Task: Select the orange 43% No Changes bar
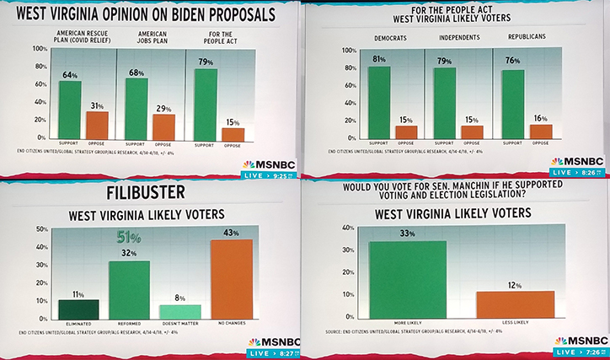(x=231, y=279)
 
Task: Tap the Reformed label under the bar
(x=129, y=324)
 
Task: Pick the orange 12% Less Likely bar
(x=516, y=304)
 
